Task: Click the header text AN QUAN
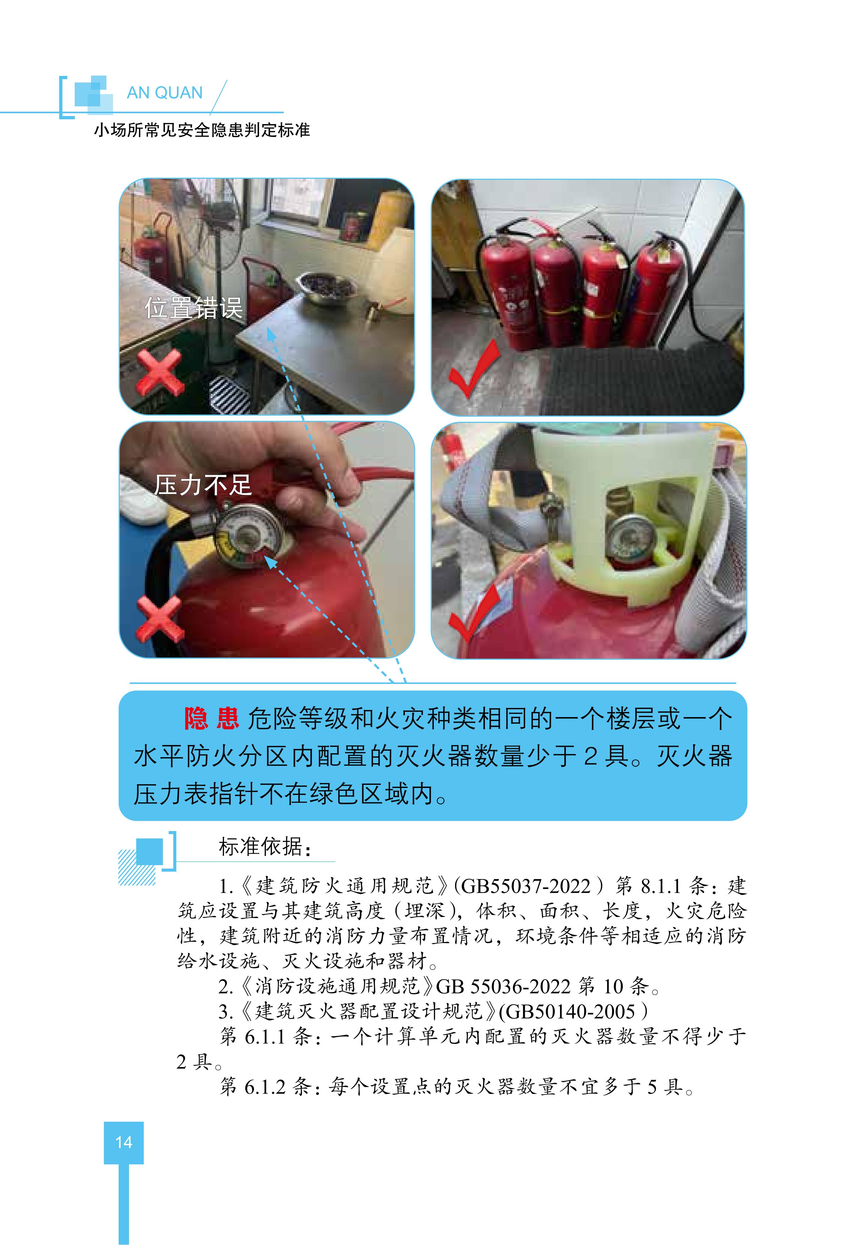(x=164, y=93)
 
